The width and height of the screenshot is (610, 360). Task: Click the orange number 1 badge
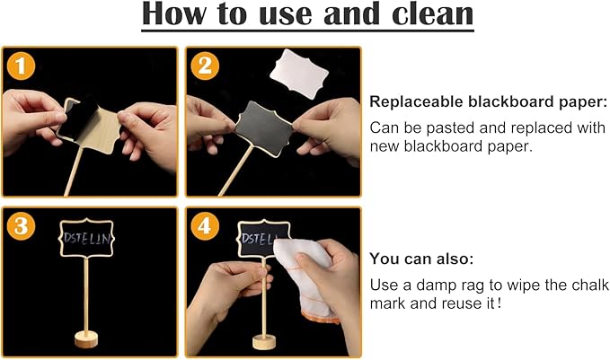tap(21, 66)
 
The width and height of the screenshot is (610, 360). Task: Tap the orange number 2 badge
tap(205, 66)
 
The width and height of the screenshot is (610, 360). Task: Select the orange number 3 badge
tap(21, 226)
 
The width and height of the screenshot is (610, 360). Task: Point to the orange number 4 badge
tap(205, 226)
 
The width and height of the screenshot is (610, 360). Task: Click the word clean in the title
tap(433, 13)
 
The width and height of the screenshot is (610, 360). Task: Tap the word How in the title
tap(174, 13)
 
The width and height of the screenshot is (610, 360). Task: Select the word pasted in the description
tap(453, 127)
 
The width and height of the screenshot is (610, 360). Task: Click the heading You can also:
tap(421, 259)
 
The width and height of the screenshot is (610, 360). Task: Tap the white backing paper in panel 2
tap(299, 74)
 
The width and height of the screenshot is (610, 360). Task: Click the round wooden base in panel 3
tap(86, 339)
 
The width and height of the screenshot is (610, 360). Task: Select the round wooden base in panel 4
tap(264, 342)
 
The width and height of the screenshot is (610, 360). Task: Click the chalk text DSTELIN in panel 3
tap(87, 238)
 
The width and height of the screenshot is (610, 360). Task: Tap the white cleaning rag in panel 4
tap(305, 279)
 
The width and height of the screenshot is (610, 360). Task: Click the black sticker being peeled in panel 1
tap(81, 117)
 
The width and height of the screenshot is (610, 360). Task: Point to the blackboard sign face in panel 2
tap(264, 128)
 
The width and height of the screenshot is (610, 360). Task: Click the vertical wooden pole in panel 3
tap(86, 294)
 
